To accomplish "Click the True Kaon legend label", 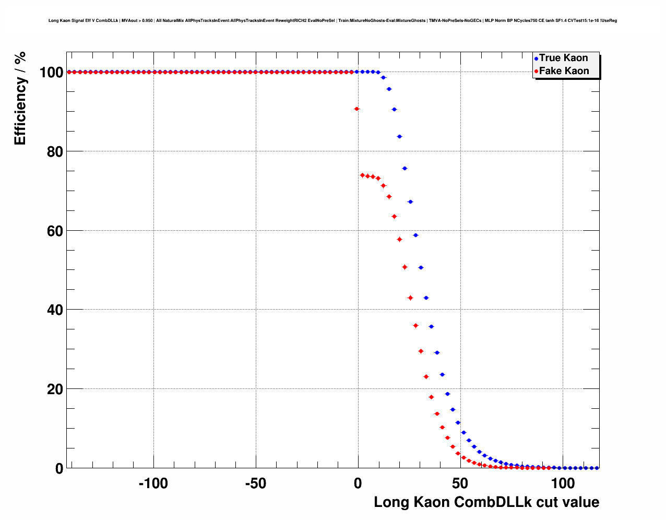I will [x=563, y=58].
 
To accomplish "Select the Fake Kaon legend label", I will [x=564, y=71].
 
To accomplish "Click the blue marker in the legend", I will [x=536, y=58].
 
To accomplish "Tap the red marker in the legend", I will [x=536, y=72].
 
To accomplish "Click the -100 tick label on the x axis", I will [x=153, y=483].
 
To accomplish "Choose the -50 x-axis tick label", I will [x=255, y=483].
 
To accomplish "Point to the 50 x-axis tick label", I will [x=460, y=483].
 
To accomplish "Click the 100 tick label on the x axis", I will [x=562, y=483].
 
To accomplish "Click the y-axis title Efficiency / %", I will [x=20, y=98].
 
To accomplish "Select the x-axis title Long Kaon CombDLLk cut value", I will [x=486, y=502].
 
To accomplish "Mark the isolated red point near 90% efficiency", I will [x=356, y=109].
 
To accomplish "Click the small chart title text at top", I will [x=332, y=21].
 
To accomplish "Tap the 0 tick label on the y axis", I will [x=59, y=468].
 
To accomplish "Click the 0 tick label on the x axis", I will [x=358, y=483].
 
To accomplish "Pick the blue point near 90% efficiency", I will [x=394, y=109].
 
